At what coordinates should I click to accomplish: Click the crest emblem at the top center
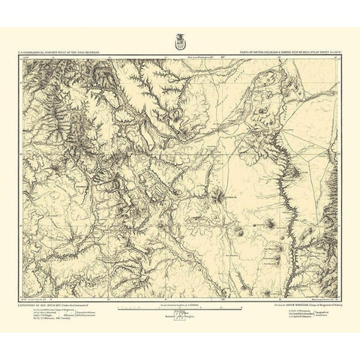click(x=179, y=38)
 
